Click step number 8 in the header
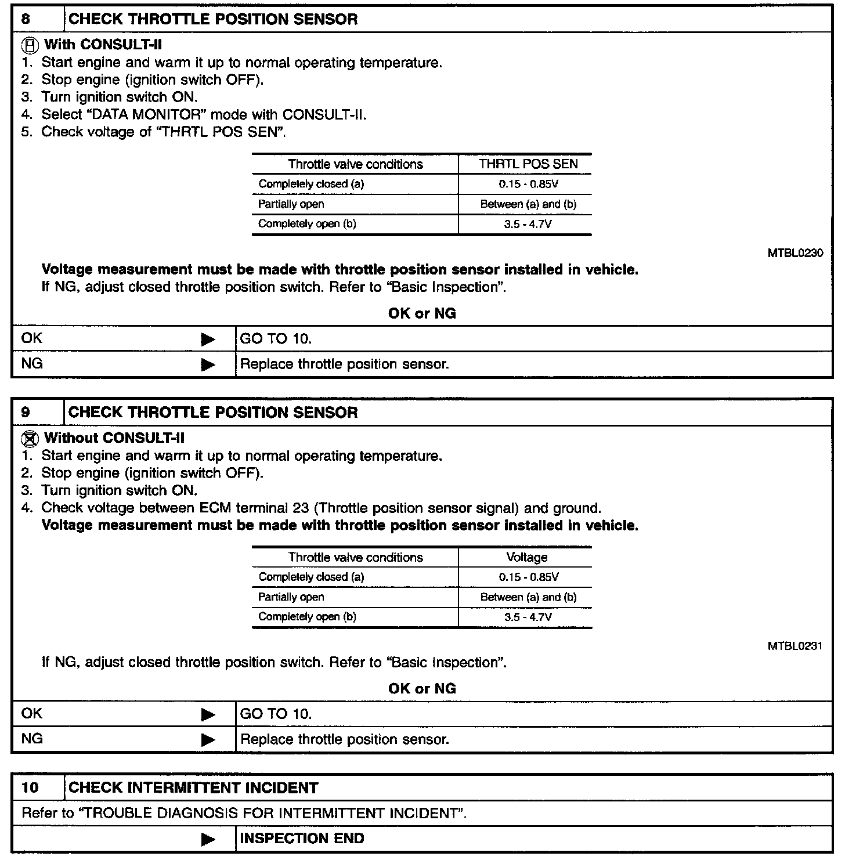(x=26, y=19)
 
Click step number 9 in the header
(x=26, y=413)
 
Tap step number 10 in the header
(x=30, y=787)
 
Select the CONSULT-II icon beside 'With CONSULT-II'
(x=32, y=45)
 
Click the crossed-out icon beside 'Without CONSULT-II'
(x=32, y=438)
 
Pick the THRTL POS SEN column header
(x=528, y=164)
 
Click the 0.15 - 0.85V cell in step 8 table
(x=528, y=185)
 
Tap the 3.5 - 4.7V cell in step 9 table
(x=528, y=617)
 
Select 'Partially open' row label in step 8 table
(x=291, y=204)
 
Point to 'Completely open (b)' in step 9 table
(x=307, y=617)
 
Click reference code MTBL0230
(x=795, y=254)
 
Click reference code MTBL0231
(x=795, y=646)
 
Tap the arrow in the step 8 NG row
(x=208, y=365)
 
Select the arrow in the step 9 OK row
(x=208, y=714)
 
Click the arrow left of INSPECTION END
(x=208, y=839)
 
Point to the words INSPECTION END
(x=302, y=839)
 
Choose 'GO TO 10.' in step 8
(x=276, y=339)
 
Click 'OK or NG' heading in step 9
(x=422, y=689)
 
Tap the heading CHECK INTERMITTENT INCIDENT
(x=193, y=788)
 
